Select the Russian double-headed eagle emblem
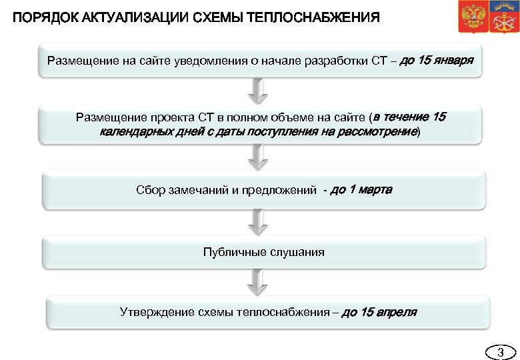pos(470,17)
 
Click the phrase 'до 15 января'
pos(437,61)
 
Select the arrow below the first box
pos(257,90)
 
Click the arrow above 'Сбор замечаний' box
pos(257,157)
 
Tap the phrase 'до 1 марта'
pos(361,190)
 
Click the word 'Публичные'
pos(233,252)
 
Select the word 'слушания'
pos(296,252)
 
